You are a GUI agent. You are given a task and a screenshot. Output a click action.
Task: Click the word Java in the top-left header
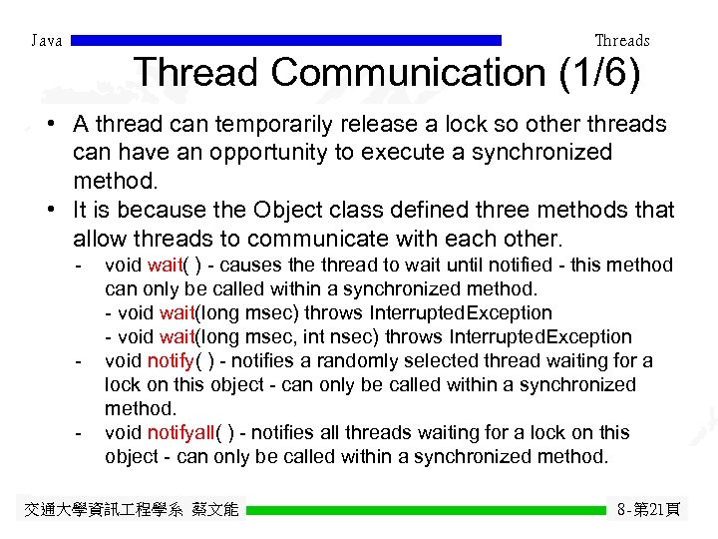[x=47, y=41]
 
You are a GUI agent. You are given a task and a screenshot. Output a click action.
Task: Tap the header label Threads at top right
[x=621, y=41]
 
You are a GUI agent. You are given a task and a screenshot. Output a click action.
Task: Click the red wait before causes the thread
[x=164, y=266]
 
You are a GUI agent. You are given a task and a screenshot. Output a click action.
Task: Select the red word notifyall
[x=185, y=433]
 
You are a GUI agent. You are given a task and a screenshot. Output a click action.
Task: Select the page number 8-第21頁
[x=648, y=510]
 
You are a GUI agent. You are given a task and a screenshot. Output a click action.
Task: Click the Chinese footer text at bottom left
[x=131, y=510]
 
